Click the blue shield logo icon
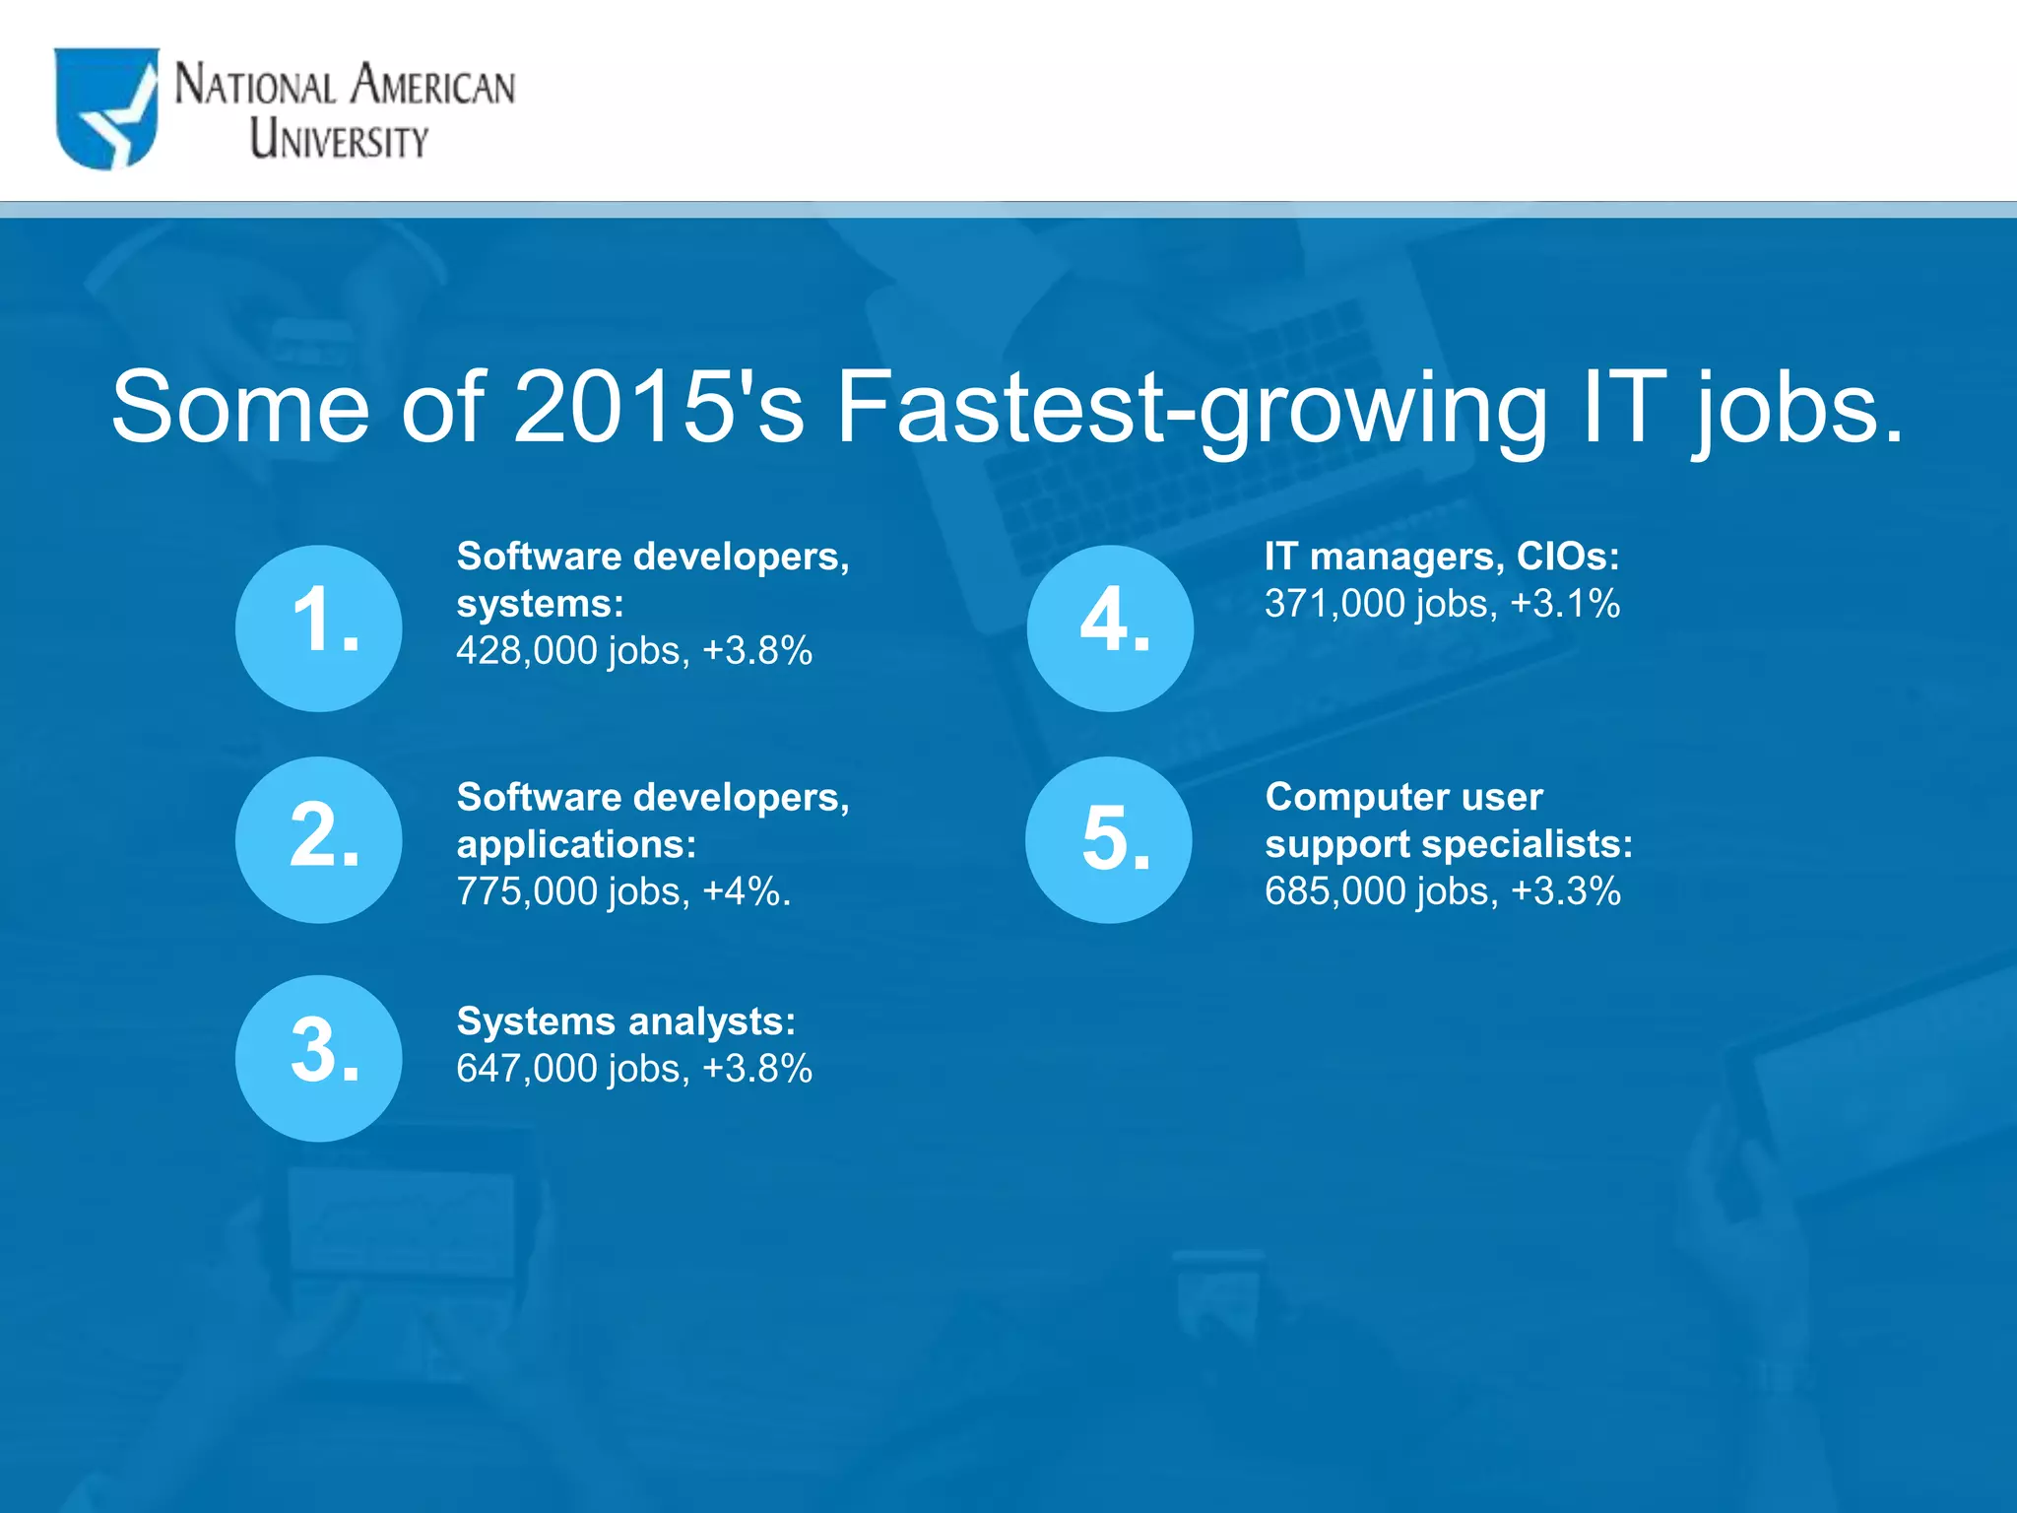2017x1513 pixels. tap(106, 108)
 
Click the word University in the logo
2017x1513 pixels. tap(338, 139)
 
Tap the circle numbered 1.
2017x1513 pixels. tap(318, 627)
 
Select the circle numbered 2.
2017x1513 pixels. tap(318, 839)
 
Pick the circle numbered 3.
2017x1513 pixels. tap(318, 1058)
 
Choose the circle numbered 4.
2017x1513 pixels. tap(1110, 627)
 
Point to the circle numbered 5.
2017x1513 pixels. tap(1109, 839)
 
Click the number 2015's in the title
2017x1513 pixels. tap(658, 407)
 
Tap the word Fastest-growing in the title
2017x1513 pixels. tap(1191, 407)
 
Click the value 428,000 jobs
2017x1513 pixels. tap(571, 651)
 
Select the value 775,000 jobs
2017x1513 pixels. tap(571, 891)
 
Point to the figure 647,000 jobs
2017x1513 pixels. tap(571, 1069)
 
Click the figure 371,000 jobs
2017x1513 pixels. tap(1380, 604)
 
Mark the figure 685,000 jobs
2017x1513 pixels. tap(1380, 891)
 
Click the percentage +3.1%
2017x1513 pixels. tap(1564, 604)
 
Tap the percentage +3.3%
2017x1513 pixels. tap(1565, 891)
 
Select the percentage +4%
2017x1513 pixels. tap(746, 891)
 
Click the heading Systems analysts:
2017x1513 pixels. tap(625, 1021)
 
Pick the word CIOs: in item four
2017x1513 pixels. tap(1567, 557)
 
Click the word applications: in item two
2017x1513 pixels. tap(576, 844)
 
